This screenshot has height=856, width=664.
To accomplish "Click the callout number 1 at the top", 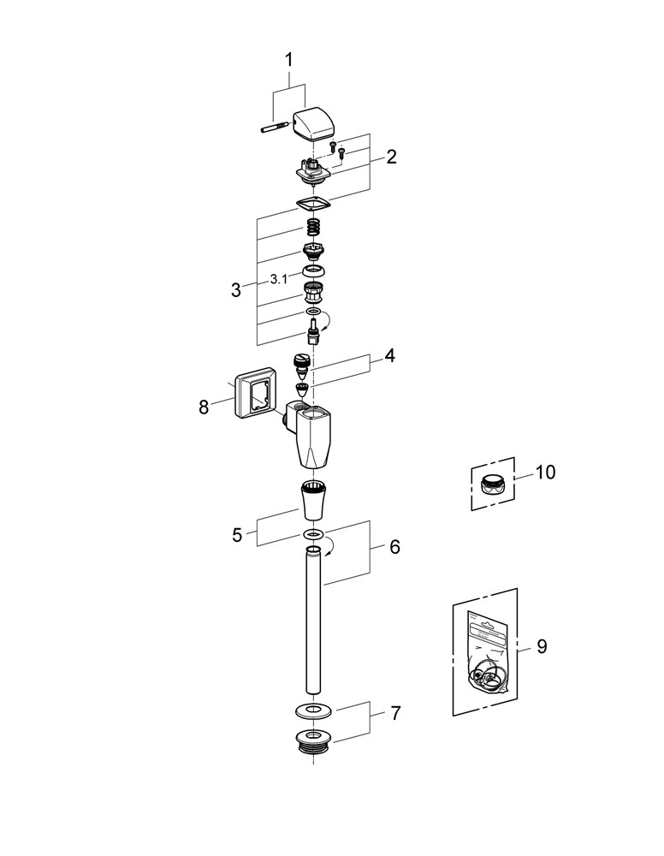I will [288, 60].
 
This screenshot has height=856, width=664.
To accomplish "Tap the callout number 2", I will [391, 157].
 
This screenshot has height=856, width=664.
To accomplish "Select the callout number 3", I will [236, 289].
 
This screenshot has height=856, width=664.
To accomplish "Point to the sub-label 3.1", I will [279, 278].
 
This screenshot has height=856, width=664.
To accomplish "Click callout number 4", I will [389, 355].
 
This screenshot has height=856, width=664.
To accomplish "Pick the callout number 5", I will [237, 535].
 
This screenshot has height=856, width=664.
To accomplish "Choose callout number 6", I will [394, 546].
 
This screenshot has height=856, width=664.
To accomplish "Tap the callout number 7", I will [394, 712].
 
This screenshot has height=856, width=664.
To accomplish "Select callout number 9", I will [541, 646].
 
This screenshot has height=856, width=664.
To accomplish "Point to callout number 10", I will [545, 472].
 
